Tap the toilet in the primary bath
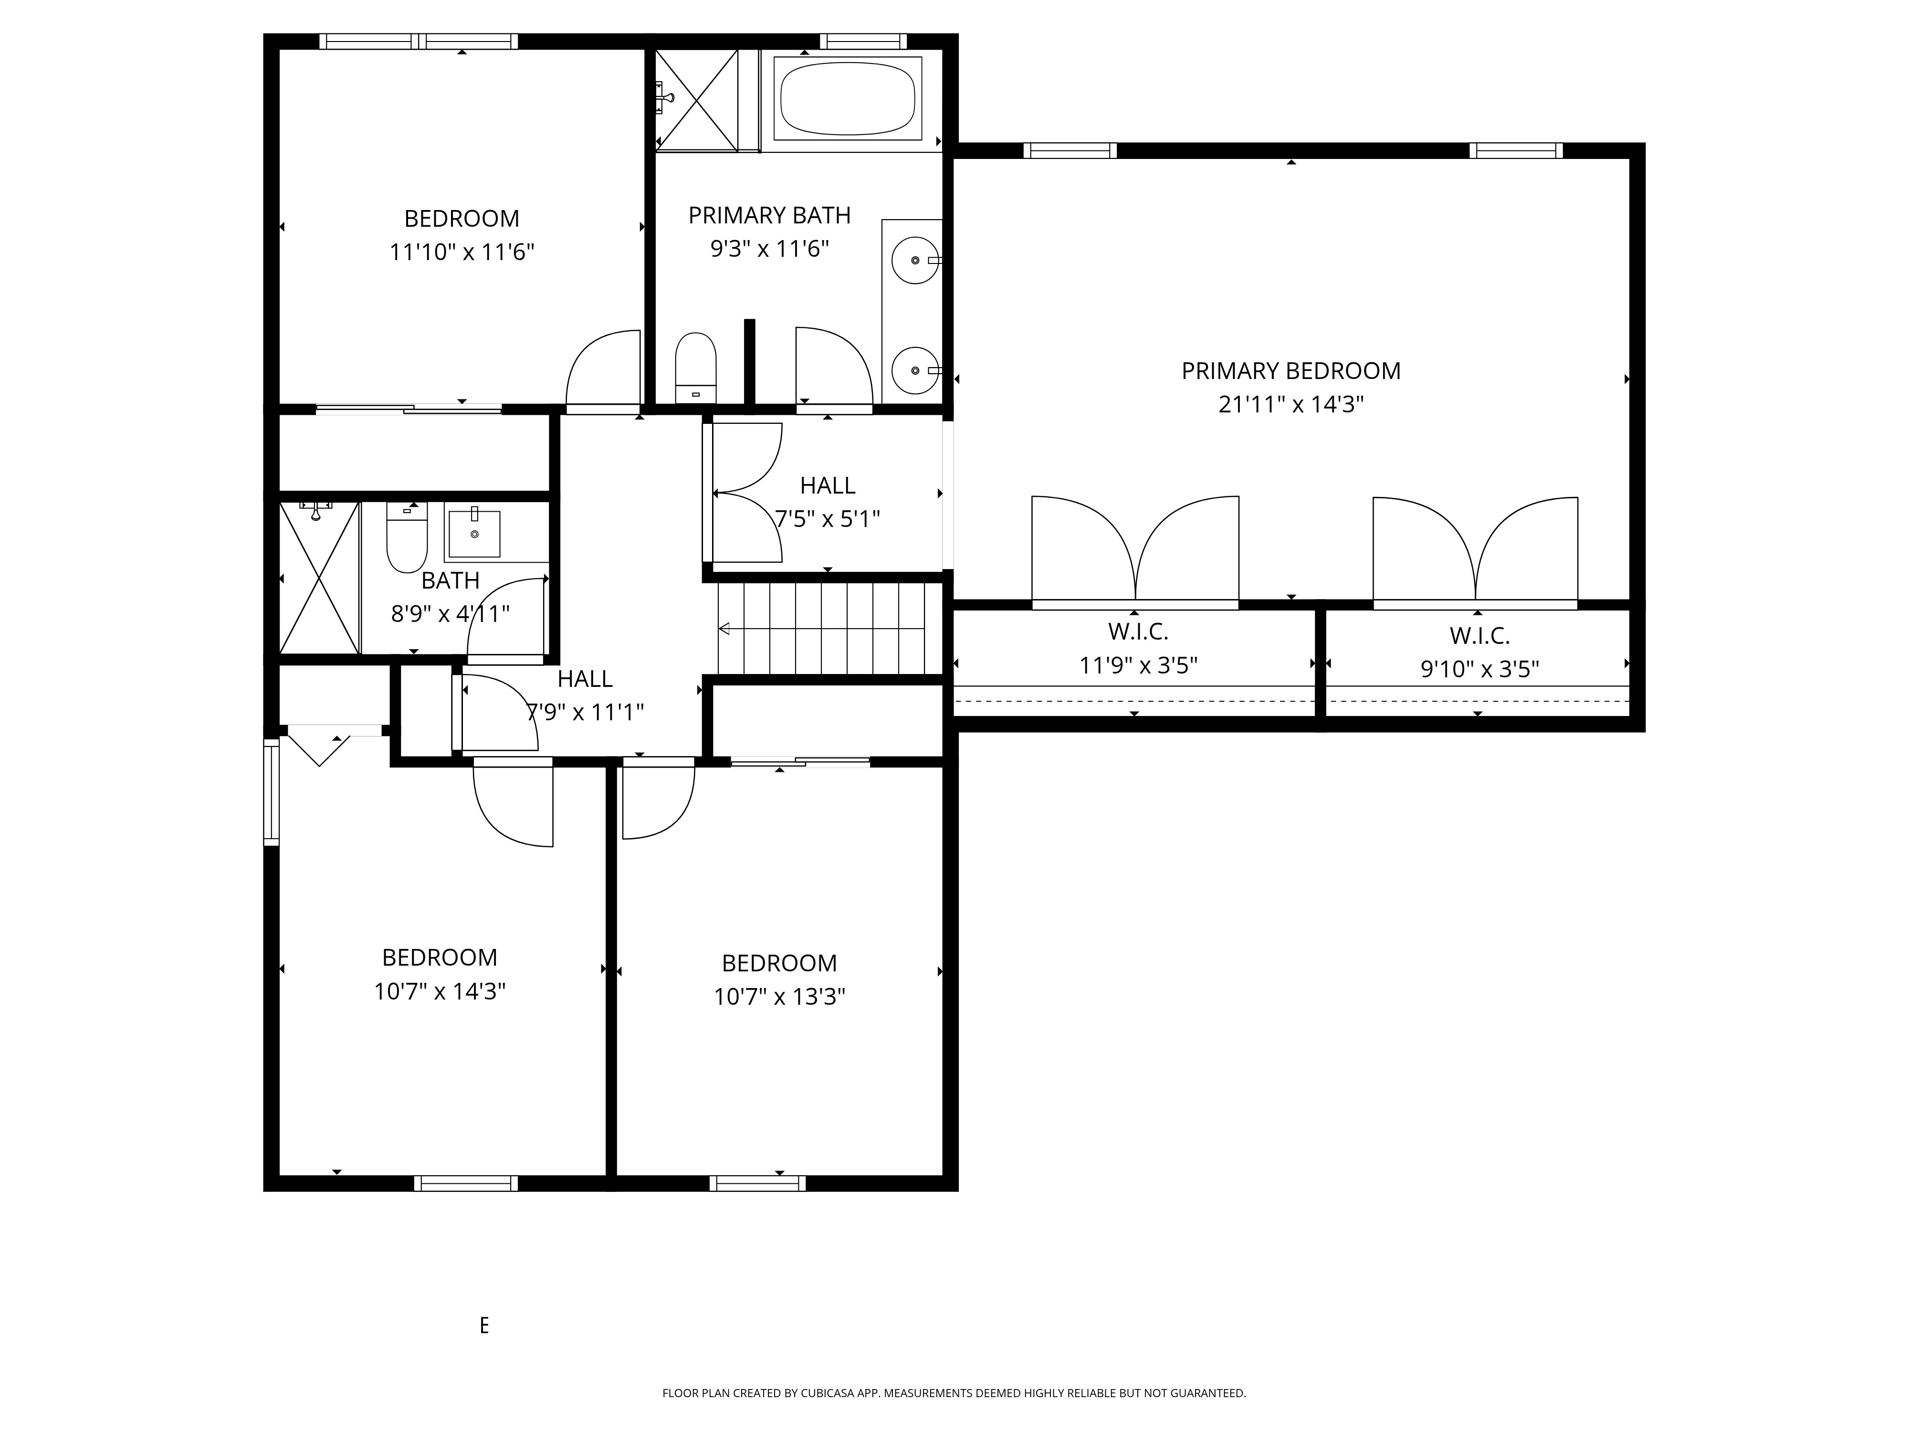tap(696, 368)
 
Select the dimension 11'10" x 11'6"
tap(462, 252)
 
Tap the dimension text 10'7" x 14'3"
tap(439, 991)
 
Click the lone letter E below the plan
tap(484, 1325)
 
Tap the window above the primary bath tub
tap(863, 41)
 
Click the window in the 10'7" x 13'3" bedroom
tap(758, 1183)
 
